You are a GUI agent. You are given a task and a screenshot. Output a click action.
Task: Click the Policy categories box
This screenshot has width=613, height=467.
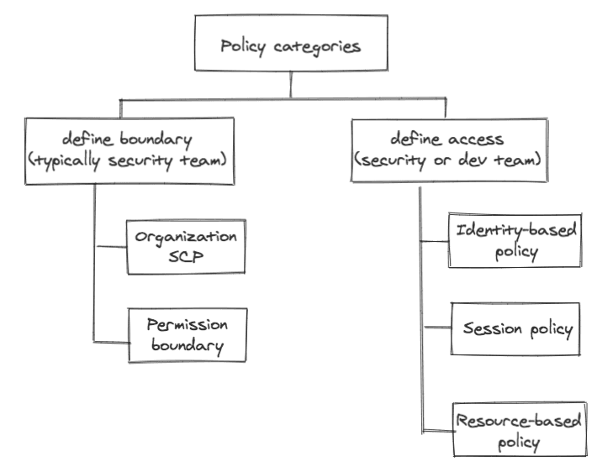290,45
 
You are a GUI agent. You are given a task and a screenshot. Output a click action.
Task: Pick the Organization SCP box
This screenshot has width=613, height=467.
186,246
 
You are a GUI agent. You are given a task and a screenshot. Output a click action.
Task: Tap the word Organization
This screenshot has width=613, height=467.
187,236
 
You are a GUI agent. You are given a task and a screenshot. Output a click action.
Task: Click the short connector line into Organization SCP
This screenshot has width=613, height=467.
110,247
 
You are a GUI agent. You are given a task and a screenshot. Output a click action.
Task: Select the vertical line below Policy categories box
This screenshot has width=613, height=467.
290,86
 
